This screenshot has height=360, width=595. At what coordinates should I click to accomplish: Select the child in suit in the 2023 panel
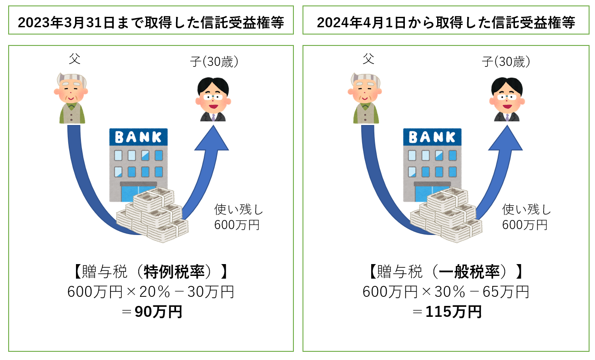click(213, 99)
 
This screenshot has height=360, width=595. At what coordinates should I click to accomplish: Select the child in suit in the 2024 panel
click(507, 99)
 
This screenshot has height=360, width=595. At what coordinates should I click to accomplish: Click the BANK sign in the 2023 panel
click(138, 137)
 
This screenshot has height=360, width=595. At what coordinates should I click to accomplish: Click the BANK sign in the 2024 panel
click(432, 137)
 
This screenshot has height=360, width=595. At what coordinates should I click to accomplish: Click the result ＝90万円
click(151, 312)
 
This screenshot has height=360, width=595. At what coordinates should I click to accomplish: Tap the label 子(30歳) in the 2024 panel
click(507, 62)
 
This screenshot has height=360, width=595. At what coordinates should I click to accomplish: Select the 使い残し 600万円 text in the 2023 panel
click(238, 217)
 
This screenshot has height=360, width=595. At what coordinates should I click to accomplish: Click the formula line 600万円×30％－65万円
click(445, 291)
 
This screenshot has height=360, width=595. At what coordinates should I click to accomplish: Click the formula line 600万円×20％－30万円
click(151, 291)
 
